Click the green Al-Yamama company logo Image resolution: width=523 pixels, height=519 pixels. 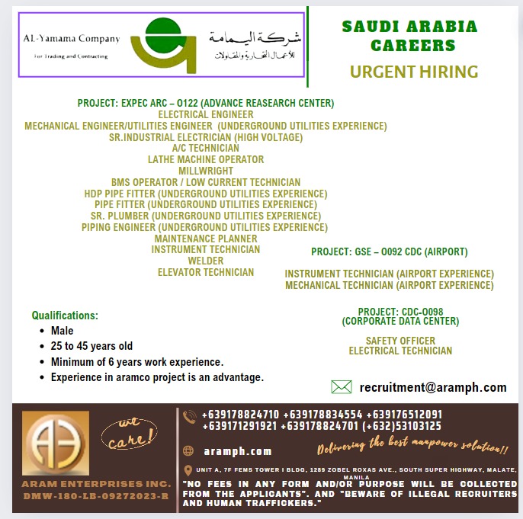(162, 44)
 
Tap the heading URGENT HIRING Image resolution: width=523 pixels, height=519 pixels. (414, 72)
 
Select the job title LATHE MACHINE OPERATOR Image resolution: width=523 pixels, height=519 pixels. (206, 159)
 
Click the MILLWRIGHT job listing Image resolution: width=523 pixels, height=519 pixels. (206, 171)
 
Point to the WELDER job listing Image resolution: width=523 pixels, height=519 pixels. (206, 261)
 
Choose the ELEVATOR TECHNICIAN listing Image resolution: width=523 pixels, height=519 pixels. (206, 272)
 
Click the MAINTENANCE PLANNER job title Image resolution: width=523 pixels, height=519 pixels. (206, 239)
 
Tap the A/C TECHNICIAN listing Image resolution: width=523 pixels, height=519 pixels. (206, 148)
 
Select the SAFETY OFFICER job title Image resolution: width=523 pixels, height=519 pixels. (400, 341)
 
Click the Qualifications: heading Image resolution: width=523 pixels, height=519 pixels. (65, 316)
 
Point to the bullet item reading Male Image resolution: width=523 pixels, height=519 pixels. (62, 331)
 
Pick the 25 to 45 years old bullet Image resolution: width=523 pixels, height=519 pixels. (91, 346)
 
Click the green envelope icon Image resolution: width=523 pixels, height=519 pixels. (342, 386)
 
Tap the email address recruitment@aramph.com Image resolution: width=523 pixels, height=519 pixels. (433, 387)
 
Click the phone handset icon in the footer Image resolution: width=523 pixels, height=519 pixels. (190, 416)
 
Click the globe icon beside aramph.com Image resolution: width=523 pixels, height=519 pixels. (190, 451)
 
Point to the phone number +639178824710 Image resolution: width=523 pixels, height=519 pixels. (240, 415)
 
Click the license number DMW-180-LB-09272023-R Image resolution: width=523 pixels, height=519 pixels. (95, 496)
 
